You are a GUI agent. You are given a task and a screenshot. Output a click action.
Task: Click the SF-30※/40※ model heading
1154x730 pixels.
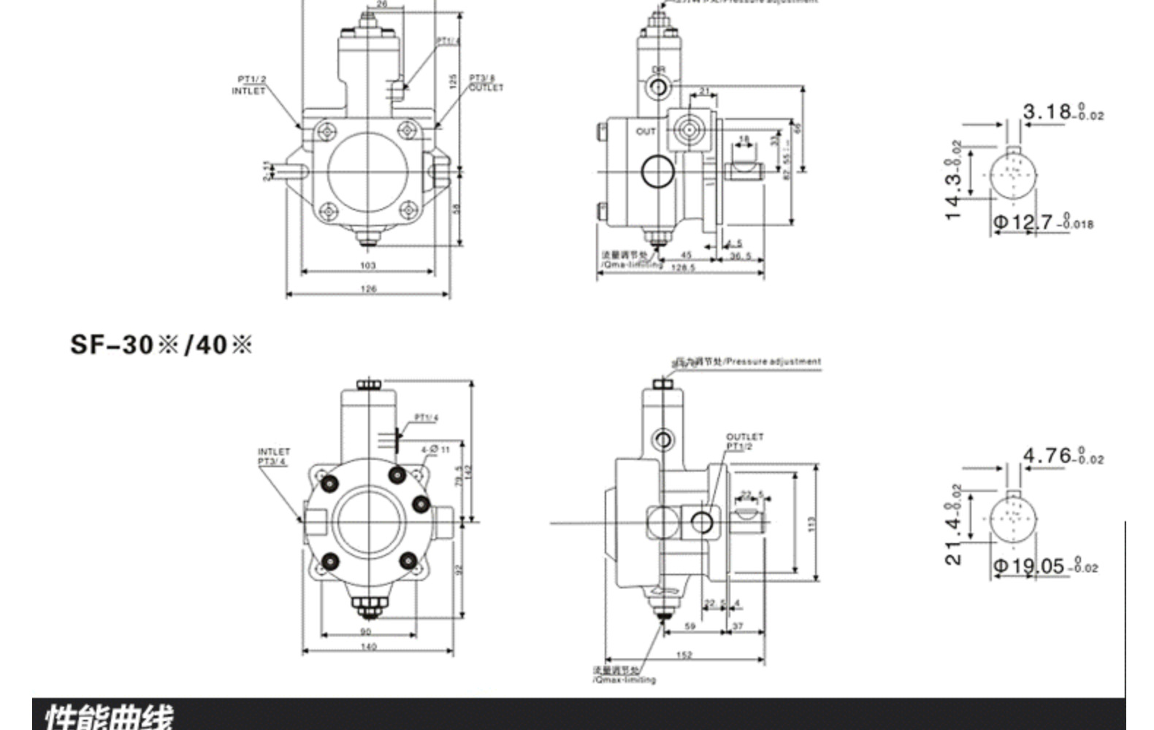point(161,344)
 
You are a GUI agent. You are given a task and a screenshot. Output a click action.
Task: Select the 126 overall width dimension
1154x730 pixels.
point(368,289)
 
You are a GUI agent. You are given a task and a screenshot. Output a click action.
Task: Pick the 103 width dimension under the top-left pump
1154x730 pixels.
point(367,266)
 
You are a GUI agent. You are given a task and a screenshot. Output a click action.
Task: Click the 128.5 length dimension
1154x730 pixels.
point(682,268)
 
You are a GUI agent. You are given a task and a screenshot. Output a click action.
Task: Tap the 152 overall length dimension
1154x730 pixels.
point(684,655)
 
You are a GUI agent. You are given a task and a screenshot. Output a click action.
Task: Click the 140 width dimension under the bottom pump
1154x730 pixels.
point(368,647)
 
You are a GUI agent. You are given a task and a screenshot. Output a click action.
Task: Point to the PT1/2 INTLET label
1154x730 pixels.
point(250,85)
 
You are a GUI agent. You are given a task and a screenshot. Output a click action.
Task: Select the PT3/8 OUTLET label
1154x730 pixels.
point(485,82)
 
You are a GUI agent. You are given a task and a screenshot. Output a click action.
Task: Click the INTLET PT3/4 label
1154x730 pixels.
point(273,456)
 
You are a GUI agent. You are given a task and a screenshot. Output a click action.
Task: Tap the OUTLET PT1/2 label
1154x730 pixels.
point(744,441)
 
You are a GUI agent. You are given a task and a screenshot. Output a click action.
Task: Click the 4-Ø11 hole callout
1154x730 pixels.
point(435,450)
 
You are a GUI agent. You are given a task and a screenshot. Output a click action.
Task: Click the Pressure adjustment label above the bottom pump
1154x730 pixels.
point(748,361)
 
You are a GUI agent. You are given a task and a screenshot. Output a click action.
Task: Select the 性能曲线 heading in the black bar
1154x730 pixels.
point(110,715)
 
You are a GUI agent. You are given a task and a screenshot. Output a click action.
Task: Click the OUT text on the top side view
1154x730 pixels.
point(646,131)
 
